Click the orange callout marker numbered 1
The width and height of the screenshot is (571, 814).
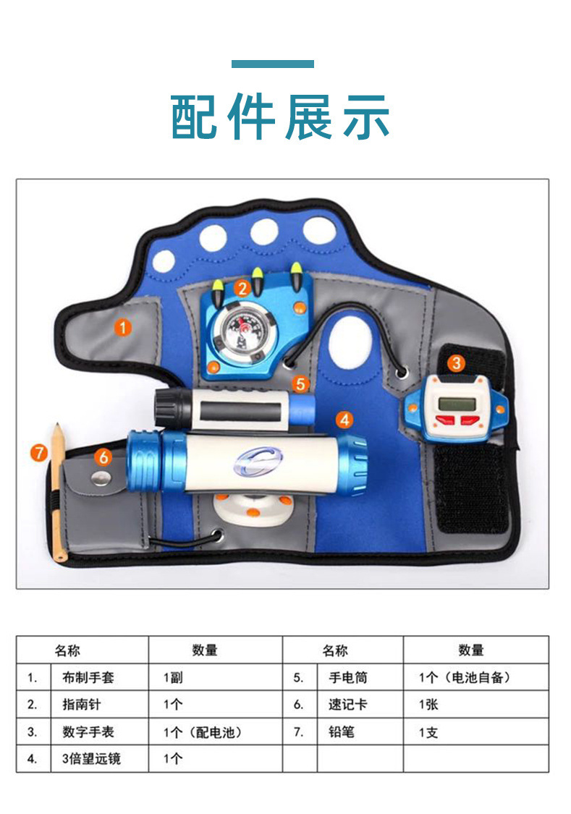click(x=124, y=328)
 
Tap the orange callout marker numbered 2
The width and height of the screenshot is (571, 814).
click(x=242, y=289)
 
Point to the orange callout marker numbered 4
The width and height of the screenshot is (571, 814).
click(x=344, y=419)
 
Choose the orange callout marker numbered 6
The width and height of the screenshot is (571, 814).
click(x=103, y=457)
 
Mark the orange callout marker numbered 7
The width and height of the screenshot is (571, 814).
click(x=39, y=453)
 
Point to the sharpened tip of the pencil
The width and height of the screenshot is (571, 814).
click(x=56, y=428)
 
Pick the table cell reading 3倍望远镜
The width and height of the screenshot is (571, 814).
click(x=88, y=758)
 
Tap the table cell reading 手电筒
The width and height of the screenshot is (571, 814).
click(x=348, y=678)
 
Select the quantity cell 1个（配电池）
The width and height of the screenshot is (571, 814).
click(x=203, y=732)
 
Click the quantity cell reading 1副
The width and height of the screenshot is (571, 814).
click(x=174, y=678)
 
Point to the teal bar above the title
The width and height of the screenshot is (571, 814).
click(x=273, y=64)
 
